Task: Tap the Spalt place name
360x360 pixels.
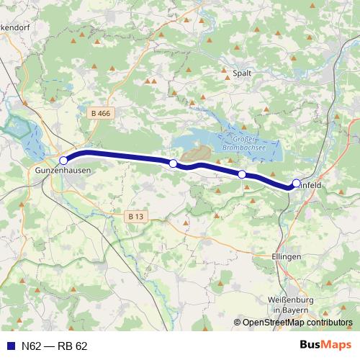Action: (242, 73)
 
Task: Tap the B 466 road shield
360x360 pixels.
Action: (102, 113)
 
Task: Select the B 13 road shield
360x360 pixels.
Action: (135, 216)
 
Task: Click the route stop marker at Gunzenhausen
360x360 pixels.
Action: (63, 161)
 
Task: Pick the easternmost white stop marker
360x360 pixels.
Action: (296, 184)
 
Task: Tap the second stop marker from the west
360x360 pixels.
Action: (173, 164)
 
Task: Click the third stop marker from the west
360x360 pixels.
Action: (242, 174)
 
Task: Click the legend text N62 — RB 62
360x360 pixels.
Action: (55, 346)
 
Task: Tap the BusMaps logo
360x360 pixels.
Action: (326, 345)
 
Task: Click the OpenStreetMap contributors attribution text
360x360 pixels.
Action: (297, 323)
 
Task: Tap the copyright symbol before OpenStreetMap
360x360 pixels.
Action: (238, 323)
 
